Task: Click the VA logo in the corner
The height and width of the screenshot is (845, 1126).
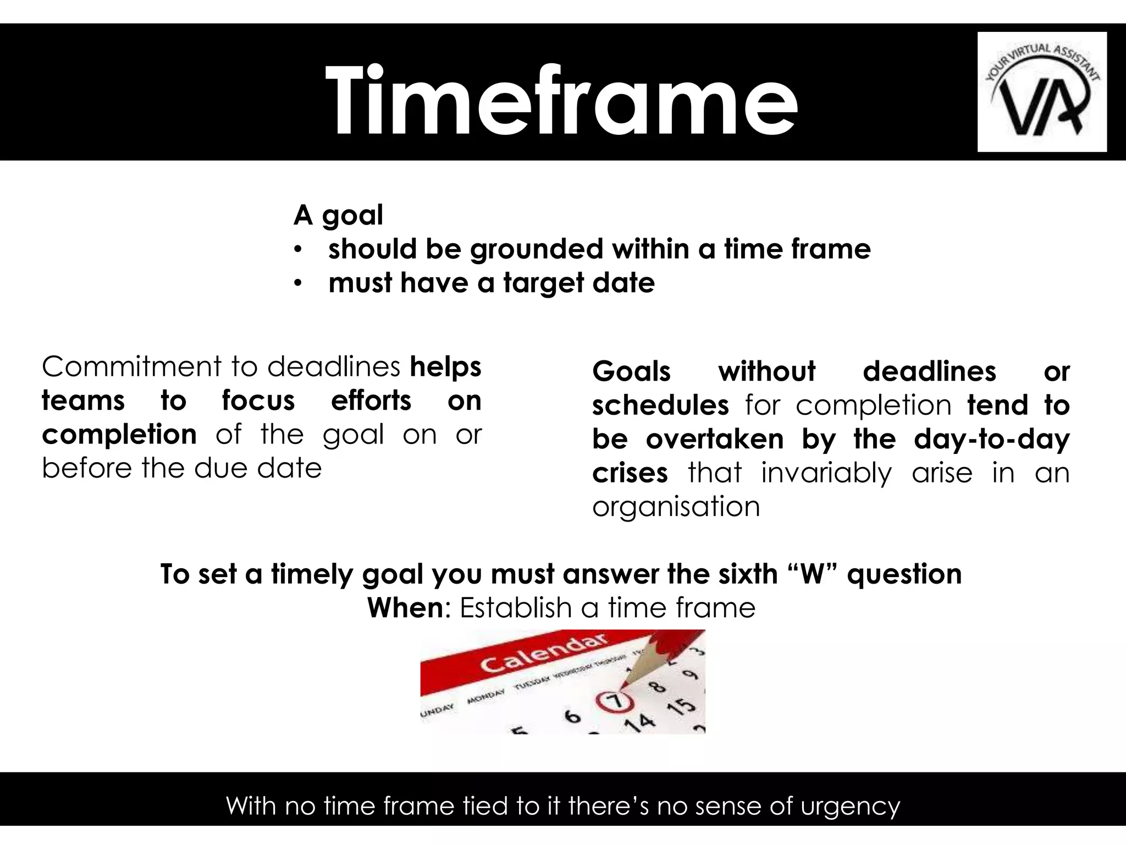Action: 1042,92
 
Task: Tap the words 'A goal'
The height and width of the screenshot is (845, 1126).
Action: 338,215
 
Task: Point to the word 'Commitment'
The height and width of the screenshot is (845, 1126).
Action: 131,366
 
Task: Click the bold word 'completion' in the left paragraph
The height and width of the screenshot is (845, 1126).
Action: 119,434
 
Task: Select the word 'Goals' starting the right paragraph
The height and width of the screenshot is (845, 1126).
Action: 631,371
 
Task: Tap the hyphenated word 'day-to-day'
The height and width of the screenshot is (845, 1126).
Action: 991,439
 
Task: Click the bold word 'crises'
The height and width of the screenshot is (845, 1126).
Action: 630,473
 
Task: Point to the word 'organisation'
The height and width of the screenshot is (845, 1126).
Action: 676,506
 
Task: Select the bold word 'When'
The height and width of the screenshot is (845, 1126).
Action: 405,608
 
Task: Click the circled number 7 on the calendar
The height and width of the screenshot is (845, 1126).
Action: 615,701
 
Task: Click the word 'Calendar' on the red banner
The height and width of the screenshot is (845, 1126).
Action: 544,655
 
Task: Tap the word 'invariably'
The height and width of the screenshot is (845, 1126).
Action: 826,473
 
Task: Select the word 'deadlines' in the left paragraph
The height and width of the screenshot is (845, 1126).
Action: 334,366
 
